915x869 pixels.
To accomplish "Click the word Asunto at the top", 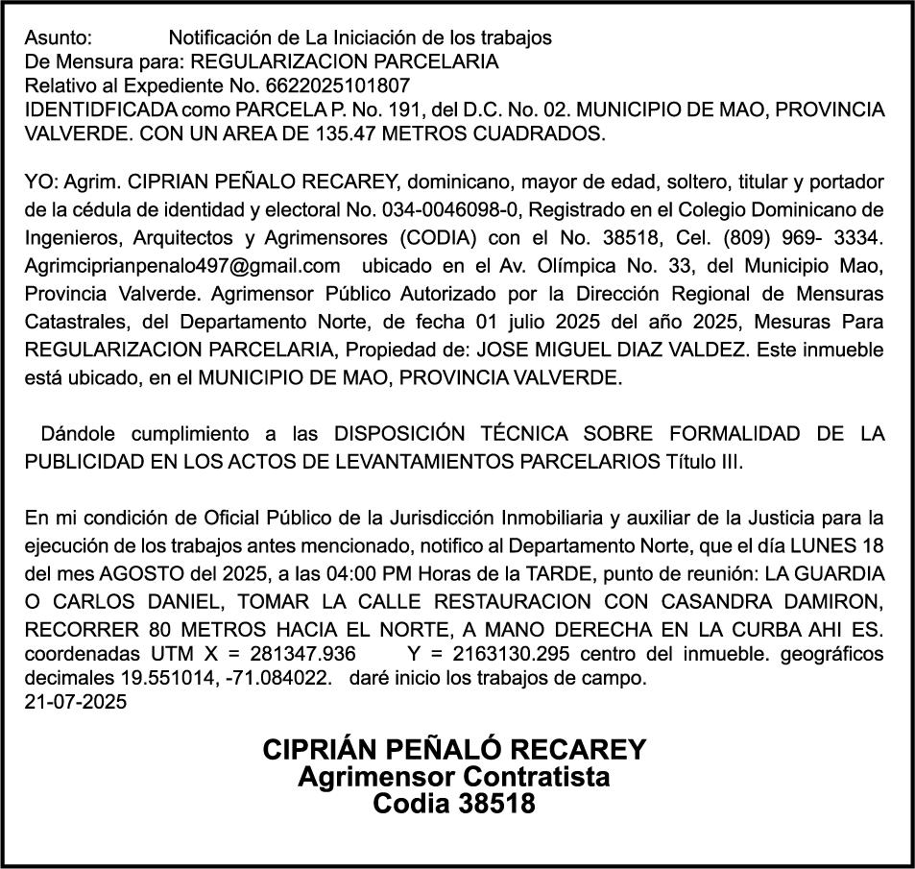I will pyautogui.click(x=58, y=38).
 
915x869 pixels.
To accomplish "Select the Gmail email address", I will pyautogui.click(x=183, y=264).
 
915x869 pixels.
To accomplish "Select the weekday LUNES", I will pyautogui.click(x=826, y=546).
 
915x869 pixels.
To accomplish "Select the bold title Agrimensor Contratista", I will pyautogui.click(x=454, y=776).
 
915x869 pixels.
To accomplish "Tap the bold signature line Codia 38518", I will pyautogui.click(x=454, y=804).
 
